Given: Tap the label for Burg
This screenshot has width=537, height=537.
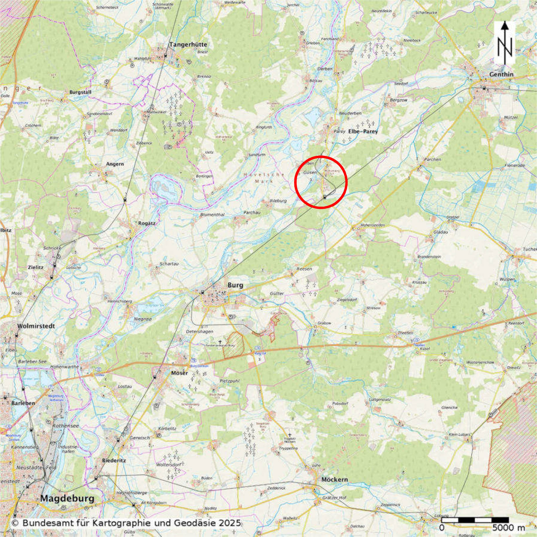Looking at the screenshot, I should click(235, 285).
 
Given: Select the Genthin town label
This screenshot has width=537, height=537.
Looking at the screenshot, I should click(501, 74).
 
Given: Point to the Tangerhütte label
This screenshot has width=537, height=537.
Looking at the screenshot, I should click(188, 45).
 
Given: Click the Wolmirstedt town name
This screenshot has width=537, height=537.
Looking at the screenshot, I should click(36, 326).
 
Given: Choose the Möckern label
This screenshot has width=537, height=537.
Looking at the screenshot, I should click(334, 479).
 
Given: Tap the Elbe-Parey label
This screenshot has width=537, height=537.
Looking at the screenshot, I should click(363, 131).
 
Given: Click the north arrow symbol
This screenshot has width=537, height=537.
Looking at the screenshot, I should click(505, 43).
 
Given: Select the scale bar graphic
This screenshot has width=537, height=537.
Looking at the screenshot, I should click(475, 520).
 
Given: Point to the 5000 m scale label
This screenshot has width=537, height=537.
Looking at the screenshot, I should click(508, 528).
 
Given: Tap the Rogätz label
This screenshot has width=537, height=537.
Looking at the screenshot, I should click(147, 223).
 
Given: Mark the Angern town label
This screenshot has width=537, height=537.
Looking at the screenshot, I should click(115, 164).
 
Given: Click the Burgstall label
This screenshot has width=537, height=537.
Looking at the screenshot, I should click(80, 92).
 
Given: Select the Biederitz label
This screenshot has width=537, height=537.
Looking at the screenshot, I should click(114, 460).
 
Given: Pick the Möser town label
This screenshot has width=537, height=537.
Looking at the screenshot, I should click(179, 373).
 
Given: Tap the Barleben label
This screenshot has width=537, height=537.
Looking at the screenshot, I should click(23, 403).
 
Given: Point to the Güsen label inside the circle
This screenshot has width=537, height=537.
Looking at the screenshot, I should click(310, 172).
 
